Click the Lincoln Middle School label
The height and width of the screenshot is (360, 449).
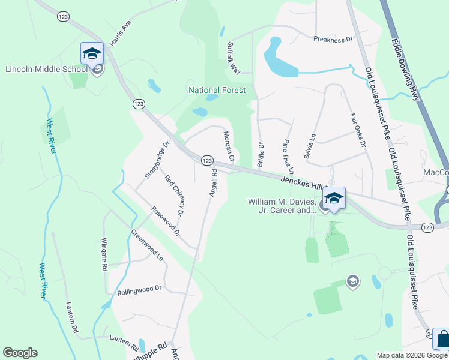click(47, 69)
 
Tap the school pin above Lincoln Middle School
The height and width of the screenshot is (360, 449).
click(92, 53)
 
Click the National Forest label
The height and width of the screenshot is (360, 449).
click(217, 90)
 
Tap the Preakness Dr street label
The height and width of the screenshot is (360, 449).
click(332, 40)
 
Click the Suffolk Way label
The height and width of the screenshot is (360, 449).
click(234, 58)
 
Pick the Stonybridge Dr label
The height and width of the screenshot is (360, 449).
click(157, 160)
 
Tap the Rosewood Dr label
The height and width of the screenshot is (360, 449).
click(166, 221)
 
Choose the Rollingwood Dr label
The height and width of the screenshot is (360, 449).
click(139, 289)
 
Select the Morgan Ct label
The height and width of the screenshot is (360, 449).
click(229, 146)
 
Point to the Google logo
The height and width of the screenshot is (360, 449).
click(20, 353)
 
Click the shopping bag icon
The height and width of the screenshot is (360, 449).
click(441, 340)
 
